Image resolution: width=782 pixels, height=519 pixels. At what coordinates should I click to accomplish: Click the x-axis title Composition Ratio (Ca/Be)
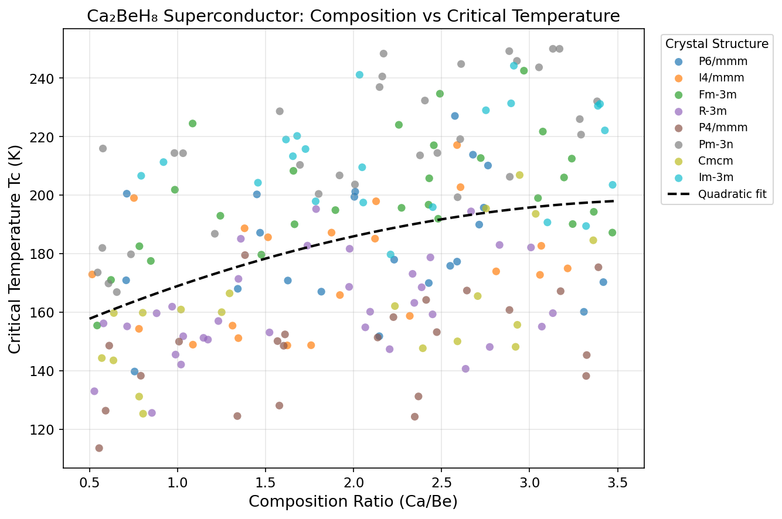[x=353, y=501]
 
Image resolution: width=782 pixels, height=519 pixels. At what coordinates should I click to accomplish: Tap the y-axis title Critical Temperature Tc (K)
[x=16, y=249]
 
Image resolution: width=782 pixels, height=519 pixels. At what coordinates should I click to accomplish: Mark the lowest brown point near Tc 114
[x=99, y=448]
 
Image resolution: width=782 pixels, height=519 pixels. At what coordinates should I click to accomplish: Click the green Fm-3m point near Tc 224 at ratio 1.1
[x=192, y=124]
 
